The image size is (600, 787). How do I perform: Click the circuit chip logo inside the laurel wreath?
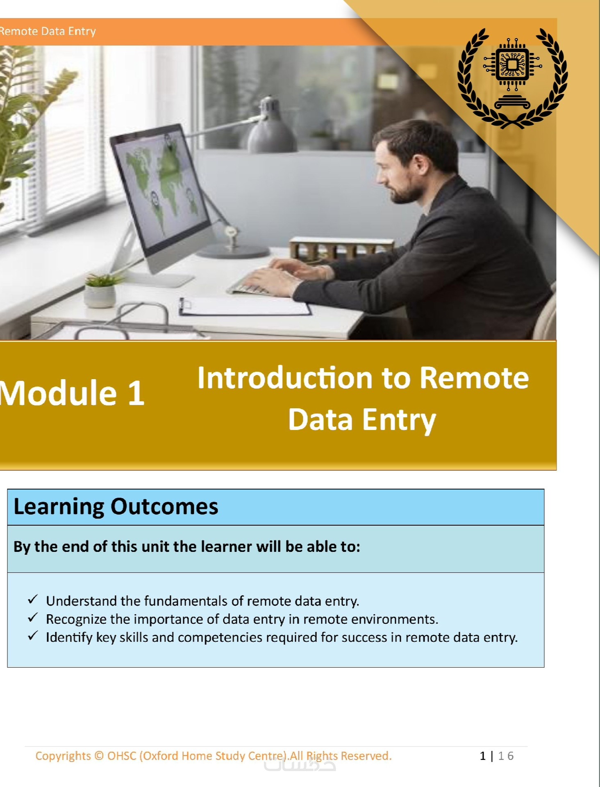point(512,65)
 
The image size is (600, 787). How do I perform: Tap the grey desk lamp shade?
point(271,125)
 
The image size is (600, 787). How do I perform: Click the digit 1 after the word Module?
point(136,393)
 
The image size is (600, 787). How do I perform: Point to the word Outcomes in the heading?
point(164,506)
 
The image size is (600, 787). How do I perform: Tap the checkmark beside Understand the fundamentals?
point(33,599)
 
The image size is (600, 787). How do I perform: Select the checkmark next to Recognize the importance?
point(33,618)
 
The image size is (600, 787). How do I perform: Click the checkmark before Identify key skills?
point(33,636)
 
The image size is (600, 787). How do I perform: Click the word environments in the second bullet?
point(395,619)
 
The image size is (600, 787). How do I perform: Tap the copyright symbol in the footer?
point(99,756)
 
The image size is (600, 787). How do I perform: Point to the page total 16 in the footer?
point(506,756)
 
